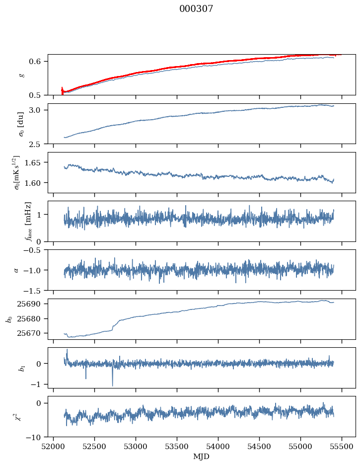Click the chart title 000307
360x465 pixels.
point(196,9)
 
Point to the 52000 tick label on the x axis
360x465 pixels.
point(54,446)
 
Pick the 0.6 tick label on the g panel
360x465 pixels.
point(40,62)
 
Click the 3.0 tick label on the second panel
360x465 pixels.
point(40,110)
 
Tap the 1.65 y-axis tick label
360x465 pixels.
point(37,162)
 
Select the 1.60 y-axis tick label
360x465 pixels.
point(37,183)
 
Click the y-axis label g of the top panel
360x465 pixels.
point(21,75)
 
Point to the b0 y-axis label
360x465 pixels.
point(9,319)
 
